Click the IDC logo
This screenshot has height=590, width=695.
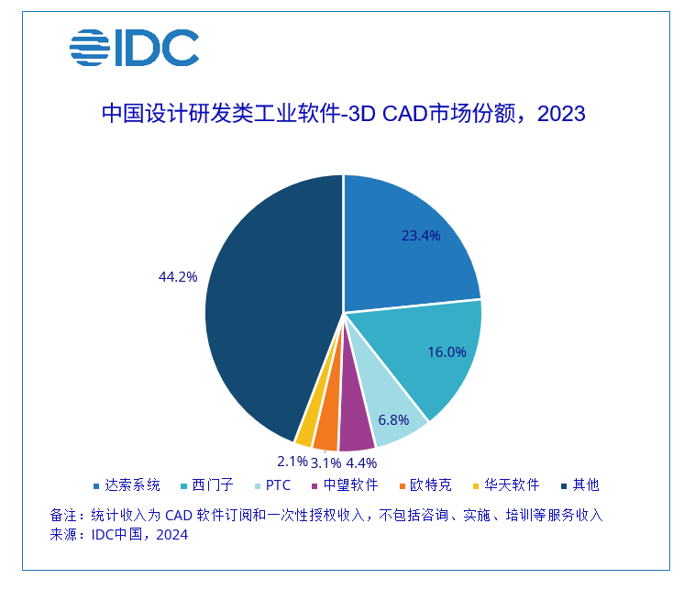tap(134, 48)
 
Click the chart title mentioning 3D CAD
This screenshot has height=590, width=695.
tap(342, 114)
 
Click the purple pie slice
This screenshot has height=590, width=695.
tap(355, 424)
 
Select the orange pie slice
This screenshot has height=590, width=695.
tap(326, 426)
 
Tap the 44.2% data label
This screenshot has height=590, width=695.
tap(178, 275)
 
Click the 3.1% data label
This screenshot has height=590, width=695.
tap(327, 462)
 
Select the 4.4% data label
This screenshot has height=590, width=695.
tap(362, 462)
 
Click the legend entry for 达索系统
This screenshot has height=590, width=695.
tap(127, 484)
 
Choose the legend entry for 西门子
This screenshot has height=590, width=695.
tap(215, 484)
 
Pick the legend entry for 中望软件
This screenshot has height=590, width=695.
tap(345, 484)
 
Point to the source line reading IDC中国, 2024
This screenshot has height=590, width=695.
tap(119, 536)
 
